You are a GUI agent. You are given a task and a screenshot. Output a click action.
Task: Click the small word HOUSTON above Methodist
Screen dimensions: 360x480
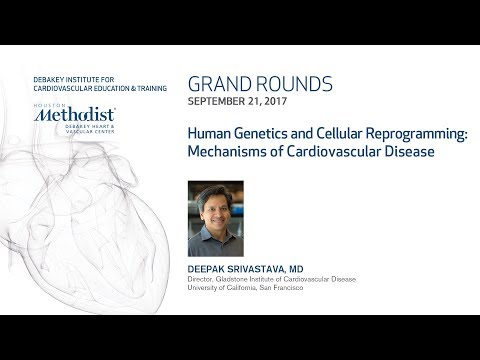tap(46, 105)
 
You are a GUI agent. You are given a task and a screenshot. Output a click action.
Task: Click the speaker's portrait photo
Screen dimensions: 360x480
tap(215, 218)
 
